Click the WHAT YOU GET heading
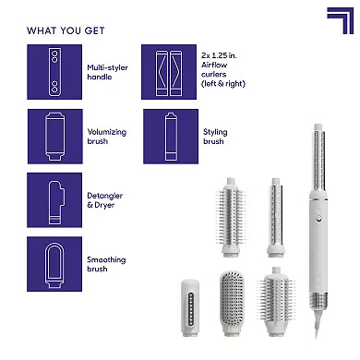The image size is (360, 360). (66, 30)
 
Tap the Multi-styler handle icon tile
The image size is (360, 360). (54, 72)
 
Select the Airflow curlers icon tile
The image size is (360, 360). (169, 72)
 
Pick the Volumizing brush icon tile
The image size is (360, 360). (55, 137)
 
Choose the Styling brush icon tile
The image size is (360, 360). (171, 137)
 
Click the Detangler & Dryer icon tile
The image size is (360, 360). (54, 200)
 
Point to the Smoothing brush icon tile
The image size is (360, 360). (54, 264)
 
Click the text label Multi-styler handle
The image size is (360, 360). (107, 72)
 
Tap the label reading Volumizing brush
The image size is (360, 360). (107, 137)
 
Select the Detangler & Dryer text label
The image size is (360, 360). (104, 200)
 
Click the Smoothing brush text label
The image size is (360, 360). (106, 264)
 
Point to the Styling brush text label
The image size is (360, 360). (215, 137)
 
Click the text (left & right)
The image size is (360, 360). (223, 84)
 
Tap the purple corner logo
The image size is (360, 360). (341, 20)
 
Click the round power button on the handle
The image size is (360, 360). (318, 219)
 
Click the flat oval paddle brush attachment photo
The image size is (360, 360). (232, 302)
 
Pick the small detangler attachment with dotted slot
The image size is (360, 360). (190, 307)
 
